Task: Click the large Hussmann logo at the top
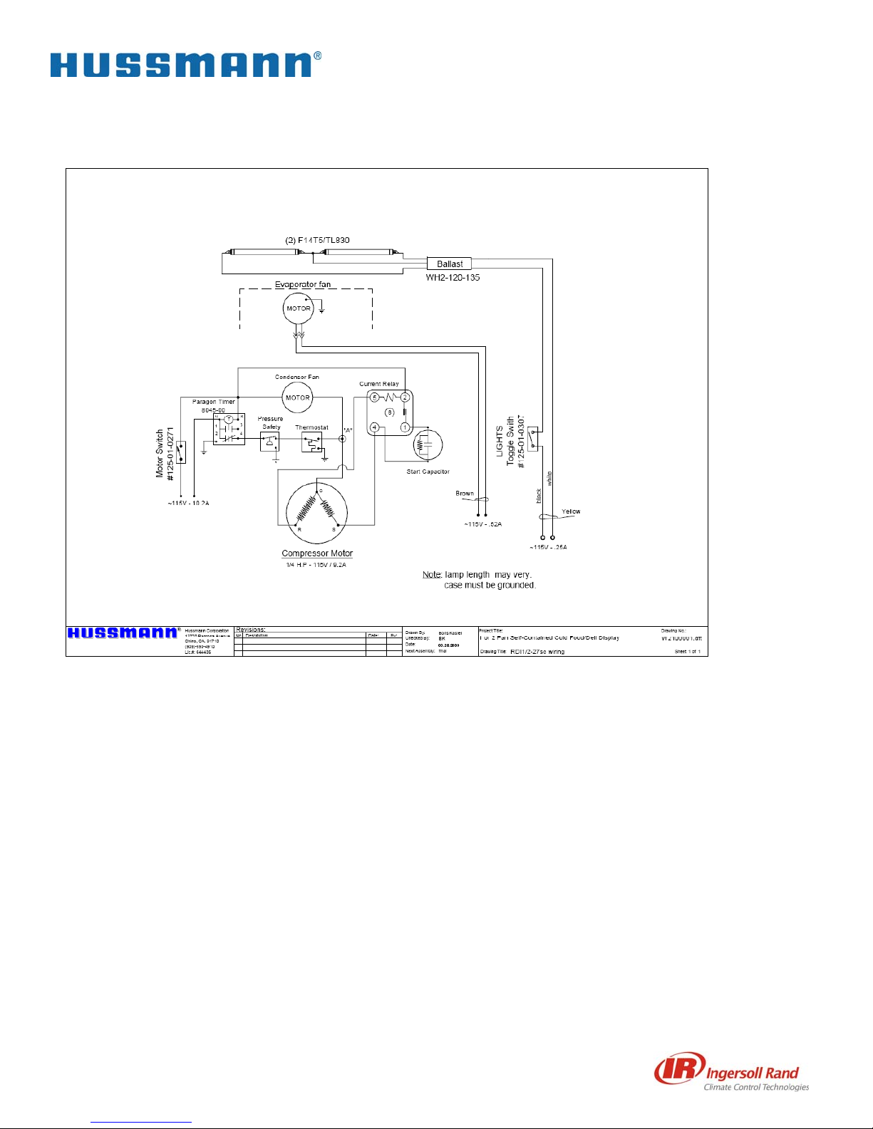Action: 185,65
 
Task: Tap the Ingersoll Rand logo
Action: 732,1073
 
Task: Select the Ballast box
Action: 449,264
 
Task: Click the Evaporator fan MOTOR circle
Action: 298,308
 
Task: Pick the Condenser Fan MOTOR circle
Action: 297,397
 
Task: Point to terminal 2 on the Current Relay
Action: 405,397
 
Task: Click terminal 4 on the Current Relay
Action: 374,427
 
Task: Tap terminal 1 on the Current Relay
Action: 405,427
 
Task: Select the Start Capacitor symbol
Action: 428,444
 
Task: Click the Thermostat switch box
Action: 312,442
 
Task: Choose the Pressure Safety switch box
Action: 269,442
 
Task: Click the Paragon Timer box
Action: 229,430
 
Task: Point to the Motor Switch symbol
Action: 181,452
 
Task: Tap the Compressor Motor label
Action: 317,553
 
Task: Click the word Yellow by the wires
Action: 571,511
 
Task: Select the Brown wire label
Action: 465,493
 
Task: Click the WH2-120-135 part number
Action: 453,277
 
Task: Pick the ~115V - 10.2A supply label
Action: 188,503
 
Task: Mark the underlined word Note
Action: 431,574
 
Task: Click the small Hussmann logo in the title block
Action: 123,633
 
